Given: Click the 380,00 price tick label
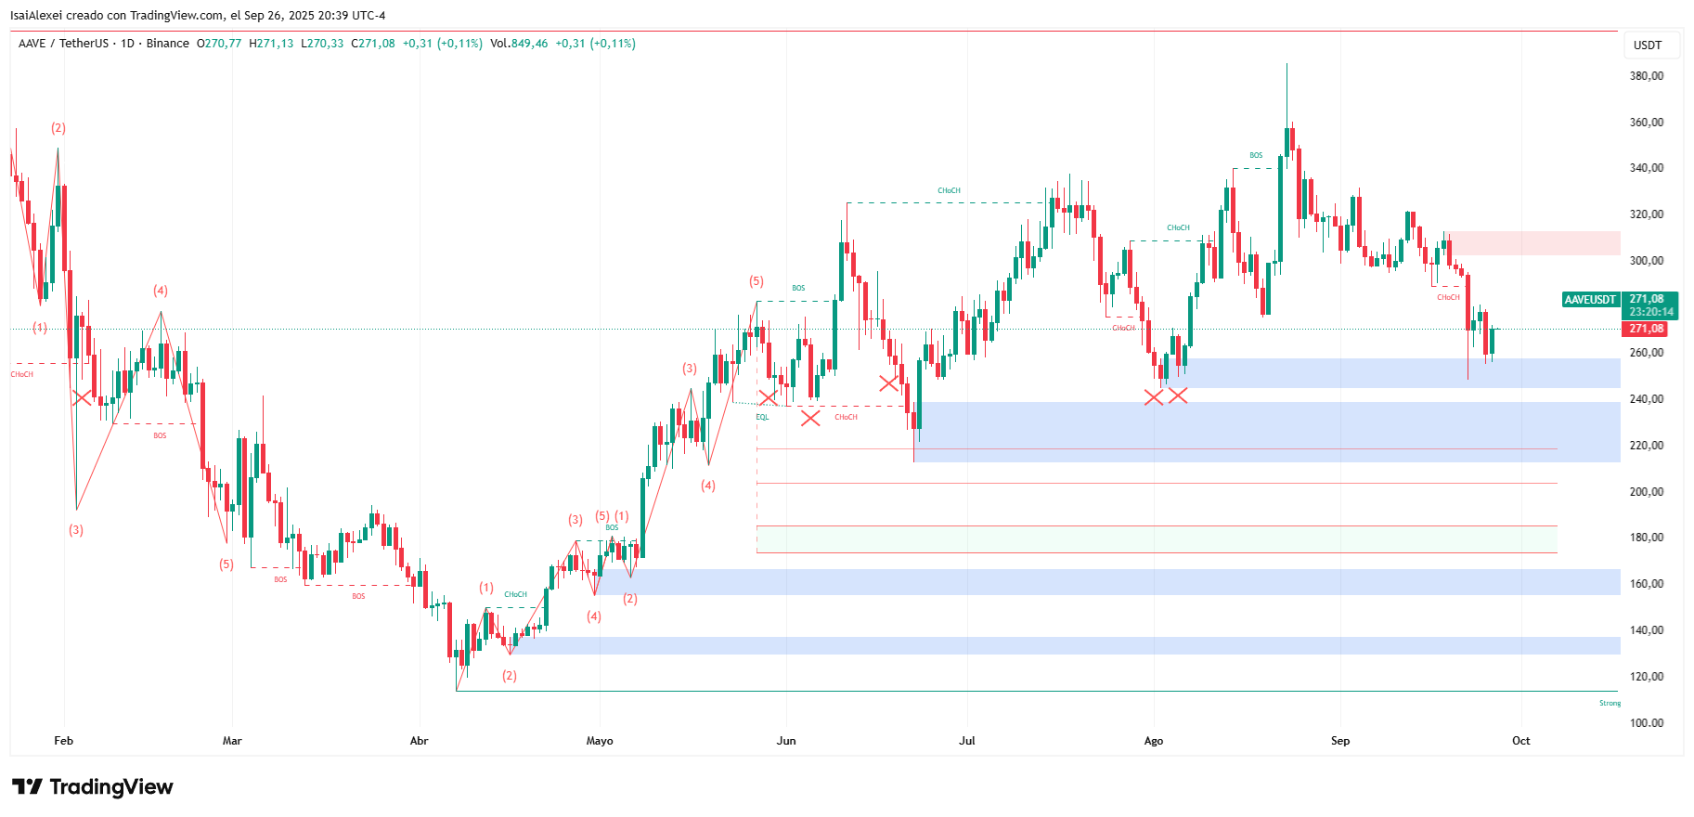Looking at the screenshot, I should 1647,76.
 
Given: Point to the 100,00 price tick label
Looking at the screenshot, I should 1647,722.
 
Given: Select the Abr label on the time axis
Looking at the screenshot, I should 419,741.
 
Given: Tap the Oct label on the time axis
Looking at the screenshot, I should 1520,741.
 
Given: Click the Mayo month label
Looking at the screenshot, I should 600,741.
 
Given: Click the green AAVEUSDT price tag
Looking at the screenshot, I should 1591,300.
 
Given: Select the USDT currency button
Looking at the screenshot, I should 1648,45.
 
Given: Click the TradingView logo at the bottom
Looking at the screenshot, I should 93,787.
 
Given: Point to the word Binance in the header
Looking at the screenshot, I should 168,44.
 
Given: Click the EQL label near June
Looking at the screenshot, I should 762,417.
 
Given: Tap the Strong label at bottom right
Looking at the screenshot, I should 1610,703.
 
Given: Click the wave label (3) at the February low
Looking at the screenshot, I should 76,530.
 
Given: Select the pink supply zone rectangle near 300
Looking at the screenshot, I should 1532,243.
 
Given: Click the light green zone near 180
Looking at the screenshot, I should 1156,539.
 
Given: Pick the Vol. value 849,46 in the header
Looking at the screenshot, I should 529,44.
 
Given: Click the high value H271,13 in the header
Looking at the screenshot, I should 271,44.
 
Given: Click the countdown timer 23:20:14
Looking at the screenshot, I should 1651,312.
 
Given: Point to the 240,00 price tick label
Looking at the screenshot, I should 1647,399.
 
